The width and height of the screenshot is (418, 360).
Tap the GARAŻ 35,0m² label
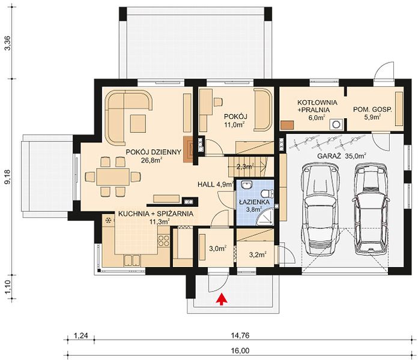click(x=342, y=156)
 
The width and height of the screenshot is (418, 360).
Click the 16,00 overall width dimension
click(x=241, y=350)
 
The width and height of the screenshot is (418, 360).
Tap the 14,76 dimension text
click(x=241, y=335)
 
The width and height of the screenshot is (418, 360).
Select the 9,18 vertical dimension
click(x=8, y=176)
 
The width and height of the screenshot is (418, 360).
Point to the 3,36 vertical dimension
click(x=8, y=43)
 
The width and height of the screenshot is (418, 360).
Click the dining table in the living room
click(x=113, y=176)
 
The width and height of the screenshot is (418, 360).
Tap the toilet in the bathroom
click(x=267, y=193)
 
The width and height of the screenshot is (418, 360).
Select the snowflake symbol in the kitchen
click(x=109, y=220)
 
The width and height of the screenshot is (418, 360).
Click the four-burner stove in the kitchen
click(x=164, y=241)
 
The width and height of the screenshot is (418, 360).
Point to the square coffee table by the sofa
click(x=138, y=123)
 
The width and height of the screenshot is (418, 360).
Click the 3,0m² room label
click(x=217, y=248)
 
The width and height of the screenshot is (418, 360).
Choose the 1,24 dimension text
click(x=80, y=335)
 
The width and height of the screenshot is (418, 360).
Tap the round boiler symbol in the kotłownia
click(x=336, y=124)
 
